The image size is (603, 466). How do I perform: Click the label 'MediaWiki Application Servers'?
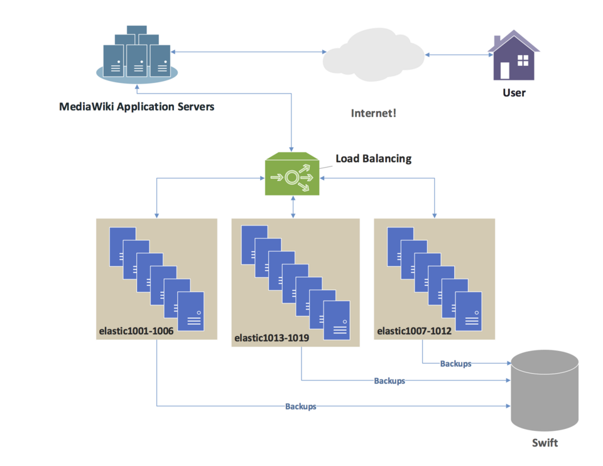[136, 107]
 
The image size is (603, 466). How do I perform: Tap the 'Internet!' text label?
[374, 114]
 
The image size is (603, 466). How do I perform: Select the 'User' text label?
[514, 93]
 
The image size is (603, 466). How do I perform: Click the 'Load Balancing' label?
[373, 158]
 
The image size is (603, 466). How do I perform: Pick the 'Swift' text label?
[545, 443]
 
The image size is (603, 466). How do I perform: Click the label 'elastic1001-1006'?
[136, 330]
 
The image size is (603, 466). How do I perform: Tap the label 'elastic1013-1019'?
[271, 338]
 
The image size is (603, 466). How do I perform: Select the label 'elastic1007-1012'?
[414, 330]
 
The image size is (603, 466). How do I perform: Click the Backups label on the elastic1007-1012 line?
[455, 364]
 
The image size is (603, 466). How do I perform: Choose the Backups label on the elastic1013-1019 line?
[389, 381]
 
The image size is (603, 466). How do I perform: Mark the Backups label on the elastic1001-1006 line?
[300, 406]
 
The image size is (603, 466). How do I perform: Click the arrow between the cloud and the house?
[459, 55]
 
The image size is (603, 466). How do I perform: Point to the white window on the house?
[523, 60]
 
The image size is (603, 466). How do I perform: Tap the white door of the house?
[505, 70]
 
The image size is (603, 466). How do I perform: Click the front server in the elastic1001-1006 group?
[190, 311]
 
